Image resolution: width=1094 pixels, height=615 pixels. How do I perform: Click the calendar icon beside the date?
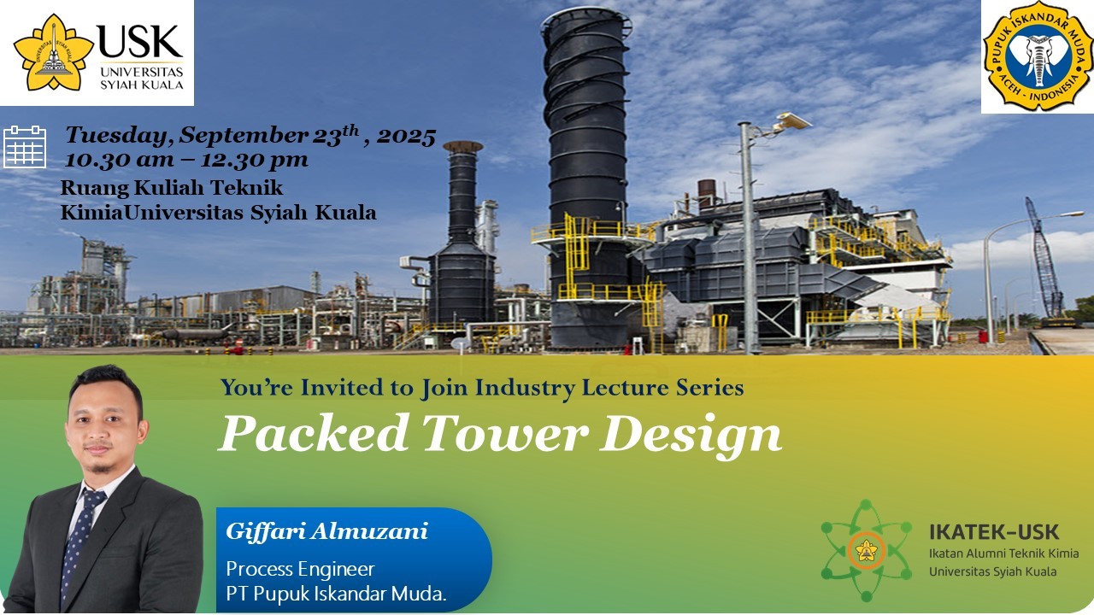point(25,146)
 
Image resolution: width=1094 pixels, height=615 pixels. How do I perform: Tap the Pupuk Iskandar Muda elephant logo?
point(1038,56)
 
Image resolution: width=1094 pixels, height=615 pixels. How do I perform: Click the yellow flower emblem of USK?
point(53,52)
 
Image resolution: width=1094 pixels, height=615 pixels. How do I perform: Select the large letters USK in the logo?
point(140,42)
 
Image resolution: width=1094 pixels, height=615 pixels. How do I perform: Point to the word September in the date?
point(244,135)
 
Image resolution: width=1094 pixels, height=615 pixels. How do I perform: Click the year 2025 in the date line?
point(406,137)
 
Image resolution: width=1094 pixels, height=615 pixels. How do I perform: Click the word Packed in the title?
point(314,433)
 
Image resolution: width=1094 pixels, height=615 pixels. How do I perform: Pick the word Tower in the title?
point(505,433)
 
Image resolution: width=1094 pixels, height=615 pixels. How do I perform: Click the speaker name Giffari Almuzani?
point(326,531)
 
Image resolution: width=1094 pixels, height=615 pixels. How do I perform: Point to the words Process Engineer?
point(300,569)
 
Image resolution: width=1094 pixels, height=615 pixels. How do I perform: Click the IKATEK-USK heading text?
point(994,532)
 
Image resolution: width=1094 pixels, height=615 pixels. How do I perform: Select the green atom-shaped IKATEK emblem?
point(867,551)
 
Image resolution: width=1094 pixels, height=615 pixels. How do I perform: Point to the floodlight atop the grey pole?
point(792,120)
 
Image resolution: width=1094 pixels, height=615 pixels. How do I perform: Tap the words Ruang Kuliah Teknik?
point(172,188)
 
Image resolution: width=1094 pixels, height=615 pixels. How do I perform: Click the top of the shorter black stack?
point(462,146)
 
